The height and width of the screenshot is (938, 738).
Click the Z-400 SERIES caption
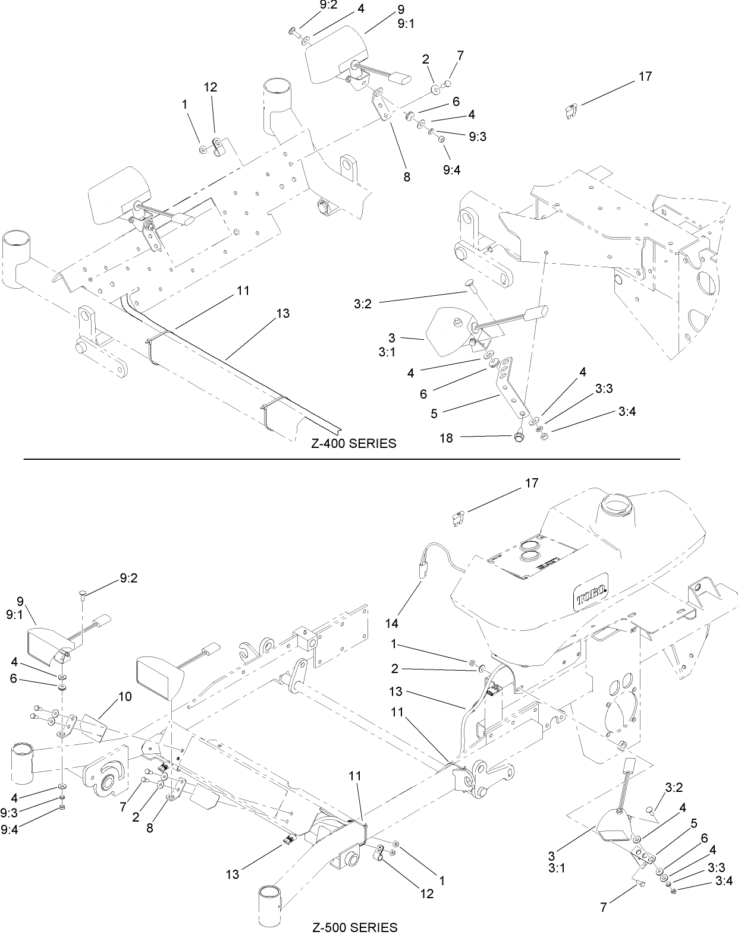pyautogui.click(x=353, y=444)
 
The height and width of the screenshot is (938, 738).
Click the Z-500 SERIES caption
pyautogui.click(x=354, y=927)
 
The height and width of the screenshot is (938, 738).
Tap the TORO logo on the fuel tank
pyautogui.click(x=591, y=590)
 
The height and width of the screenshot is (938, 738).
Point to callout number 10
pyautogui.click(x=125, y=697)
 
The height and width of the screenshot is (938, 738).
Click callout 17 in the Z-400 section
pyautogui.click(x=645, y=77)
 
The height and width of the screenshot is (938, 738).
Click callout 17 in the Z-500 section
pyautogui.click(x=532, y=483)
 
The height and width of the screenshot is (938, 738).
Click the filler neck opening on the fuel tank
pyautogui.click(x=616, y=507)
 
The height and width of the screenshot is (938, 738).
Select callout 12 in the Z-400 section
pyautogui.click(x=211, y=87)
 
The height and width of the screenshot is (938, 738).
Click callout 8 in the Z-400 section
pyautogui.click(x=407, y=177)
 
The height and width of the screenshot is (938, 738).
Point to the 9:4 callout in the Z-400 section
pyautogui.click(x=451, y=169)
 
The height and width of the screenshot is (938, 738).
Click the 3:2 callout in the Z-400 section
pyautogui.click(x=363, y=304)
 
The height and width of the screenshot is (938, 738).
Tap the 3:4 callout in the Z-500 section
pyautogui.click(x=723, y=881)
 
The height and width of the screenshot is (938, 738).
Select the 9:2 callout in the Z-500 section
pyautogui.click(x=128, y=578)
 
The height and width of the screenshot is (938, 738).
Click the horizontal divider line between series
pyautogui.click(x=351, y=459)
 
